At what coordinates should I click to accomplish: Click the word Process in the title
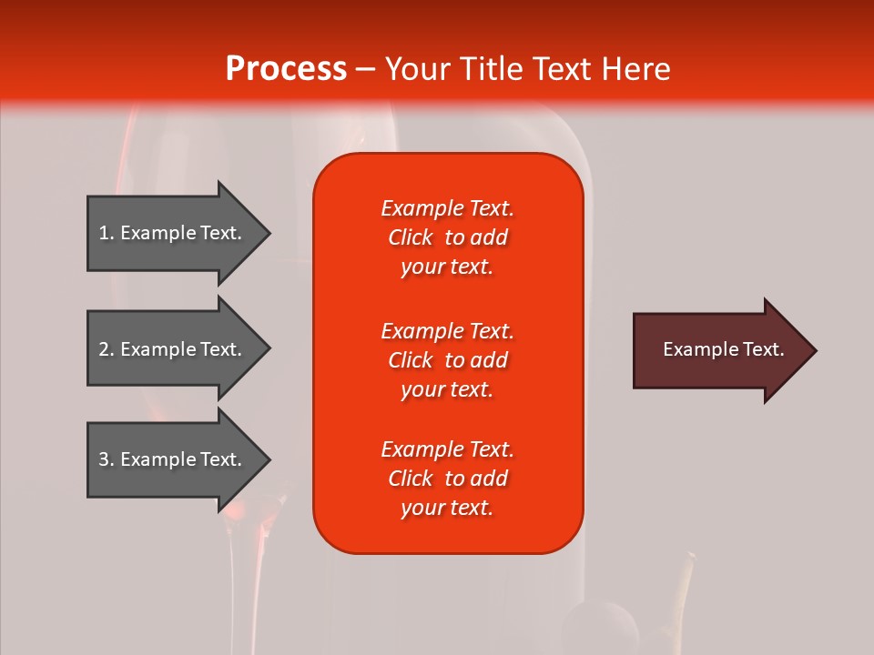click(286, 69)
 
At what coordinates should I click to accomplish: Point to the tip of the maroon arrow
click(818, 350)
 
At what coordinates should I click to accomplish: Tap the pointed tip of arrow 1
click(271, 234)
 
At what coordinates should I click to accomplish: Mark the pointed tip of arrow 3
click(271, 460)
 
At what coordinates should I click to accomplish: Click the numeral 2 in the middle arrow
click(104, 349)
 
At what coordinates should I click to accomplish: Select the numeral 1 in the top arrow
click(104, 233)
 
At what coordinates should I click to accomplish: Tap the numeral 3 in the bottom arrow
click(104, 458)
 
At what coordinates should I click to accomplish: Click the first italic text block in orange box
click(448, 237)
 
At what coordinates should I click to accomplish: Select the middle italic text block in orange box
click(448, 360)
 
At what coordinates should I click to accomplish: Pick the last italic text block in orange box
click(448, 479)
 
